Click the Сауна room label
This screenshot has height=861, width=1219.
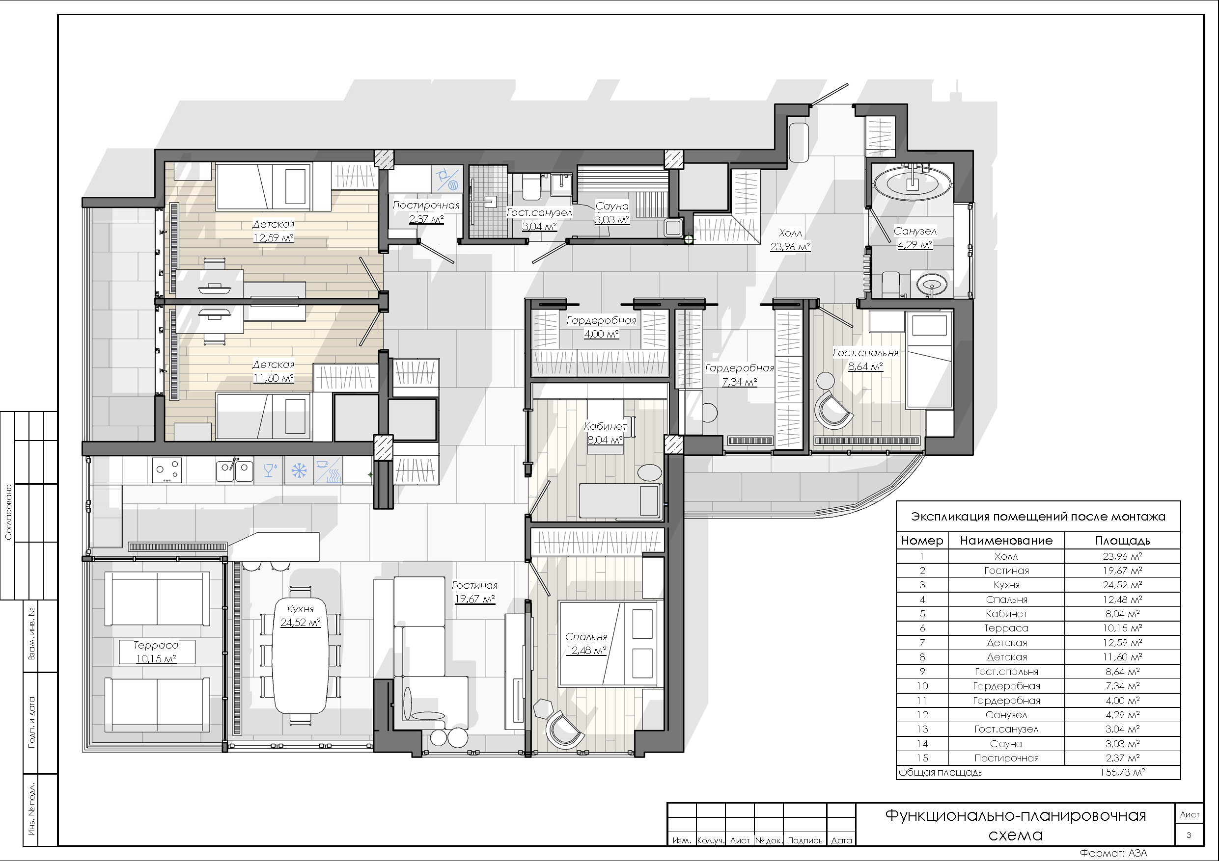(x=611, y=206)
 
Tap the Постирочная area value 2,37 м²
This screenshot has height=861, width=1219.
(x=426, y=219)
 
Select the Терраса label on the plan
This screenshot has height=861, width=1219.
(x=156, y=645)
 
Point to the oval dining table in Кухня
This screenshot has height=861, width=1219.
(x=300, y=656)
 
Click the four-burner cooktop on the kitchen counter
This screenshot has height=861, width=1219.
(x=167, y=470)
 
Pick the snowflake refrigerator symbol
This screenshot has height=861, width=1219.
(x=300, y=470)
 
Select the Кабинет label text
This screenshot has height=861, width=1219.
(x=605, y=426)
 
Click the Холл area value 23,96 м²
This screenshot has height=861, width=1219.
(x=791, y=247)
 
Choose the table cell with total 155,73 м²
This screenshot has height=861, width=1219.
(x=1122, y=772)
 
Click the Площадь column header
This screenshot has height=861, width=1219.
(x=1122, y=541)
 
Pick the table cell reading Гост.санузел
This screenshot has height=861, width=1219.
(x=1006, y=730)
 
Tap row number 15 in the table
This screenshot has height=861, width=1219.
(x=922, y=758)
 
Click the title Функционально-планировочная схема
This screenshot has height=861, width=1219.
(x=1015, y=825)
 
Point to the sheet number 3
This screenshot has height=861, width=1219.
(x=1189, y=835)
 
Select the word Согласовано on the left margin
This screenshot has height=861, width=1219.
(x=8, y=512)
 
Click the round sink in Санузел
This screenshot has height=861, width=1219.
(x=932, y=285)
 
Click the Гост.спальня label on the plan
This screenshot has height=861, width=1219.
(x=865, y=353)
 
